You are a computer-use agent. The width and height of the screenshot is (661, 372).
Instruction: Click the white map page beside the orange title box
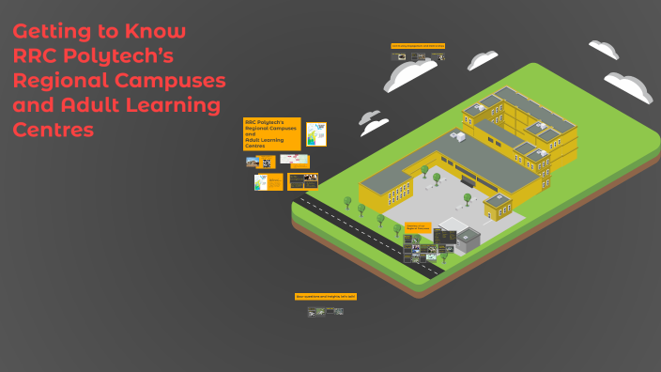pyautogui.click(x=316, y=133)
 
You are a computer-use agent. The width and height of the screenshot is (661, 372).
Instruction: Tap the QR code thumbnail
pyautogui.click(x=267, y=162)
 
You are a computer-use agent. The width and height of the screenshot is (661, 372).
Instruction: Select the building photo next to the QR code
pyautogui.click(x=252, y=162)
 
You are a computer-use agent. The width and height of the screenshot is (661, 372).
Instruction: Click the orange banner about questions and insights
pyautogui.click(x=326, y=296)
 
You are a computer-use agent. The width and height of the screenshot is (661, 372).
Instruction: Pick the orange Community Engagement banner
pyautogui.click(x=418, y=45)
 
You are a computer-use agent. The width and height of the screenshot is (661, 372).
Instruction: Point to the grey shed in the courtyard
pyautogui.click(x=467, y=238)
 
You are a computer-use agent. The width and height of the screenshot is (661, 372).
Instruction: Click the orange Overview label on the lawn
pyautogui.click(x=418, y=226)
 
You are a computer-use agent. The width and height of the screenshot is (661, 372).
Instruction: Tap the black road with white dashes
pyautogui.click(x=366, y=234)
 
